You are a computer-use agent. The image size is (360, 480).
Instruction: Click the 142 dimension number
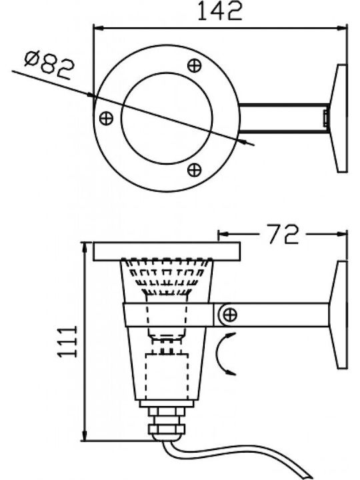click(x=220, y=11)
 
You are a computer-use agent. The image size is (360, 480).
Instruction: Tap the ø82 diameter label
click(x=49, y=65)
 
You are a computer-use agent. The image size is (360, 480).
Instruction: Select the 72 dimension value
click(x=283, y=234)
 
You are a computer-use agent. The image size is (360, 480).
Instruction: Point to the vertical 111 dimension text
click(x=67, y=341)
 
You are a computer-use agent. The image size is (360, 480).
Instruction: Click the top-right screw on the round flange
click(x=195, y=65)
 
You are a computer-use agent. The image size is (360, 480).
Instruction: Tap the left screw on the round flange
click(x=106, y=118)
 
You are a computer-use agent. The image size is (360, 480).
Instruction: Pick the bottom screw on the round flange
click(x=195, y=170)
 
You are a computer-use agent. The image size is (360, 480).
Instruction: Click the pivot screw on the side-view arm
click(x=229, y=315)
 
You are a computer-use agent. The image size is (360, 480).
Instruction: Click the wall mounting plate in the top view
click(x=339, y=118)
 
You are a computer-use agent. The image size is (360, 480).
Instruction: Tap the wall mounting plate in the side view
click(x=339, y=315)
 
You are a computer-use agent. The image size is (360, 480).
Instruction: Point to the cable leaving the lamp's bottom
click(x=233, y=456)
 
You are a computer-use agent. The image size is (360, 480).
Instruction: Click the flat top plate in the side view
click(x=167, y=251)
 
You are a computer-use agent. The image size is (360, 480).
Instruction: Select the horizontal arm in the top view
click(x=284, y=118)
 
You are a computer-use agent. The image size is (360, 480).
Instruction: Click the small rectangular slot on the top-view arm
click(x=326, y=118)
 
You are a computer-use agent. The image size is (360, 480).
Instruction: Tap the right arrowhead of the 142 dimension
click(x=342, y=28)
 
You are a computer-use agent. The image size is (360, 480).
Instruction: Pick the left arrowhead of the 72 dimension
click(x=223, y=234)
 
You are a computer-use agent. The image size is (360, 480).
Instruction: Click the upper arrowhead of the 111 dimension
click(x=84, y=247)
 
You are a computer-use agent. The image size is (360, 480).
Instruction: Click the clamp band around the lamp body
click(x=169, y=315)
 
